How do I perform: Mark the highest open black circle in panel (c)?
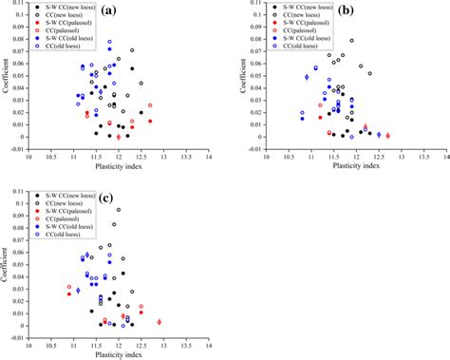[x=119, y=210]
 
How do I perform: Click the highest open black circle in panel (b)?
[x=352, y=41]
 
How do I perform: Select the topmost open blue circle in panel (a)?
[x=109, y=42]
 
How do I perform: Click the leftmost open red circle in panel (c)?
[x=69, y=287]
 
